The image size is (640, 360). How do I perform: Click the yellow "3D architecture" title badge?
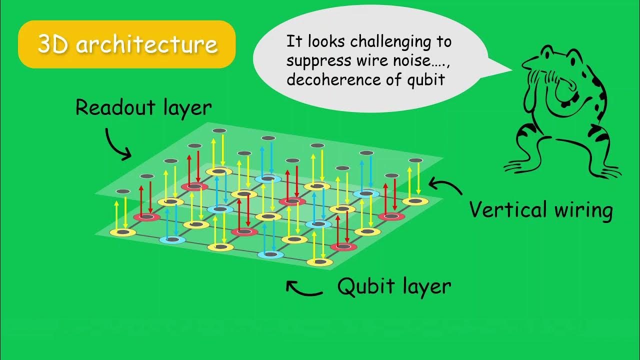(x=126, y=44)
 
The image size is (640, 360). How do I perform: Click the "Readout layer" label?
(x=143, y=107)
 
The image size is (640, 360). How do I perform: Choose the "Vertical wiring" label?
(x=541, y=209)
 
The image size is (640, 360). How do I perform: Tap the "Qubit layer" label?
(x=394, y=286)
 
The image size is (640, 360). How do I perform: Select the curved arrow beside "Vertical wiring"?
(x=445, y=187)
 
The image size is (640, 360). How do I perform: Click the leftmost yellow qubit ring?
(x=122, y=231)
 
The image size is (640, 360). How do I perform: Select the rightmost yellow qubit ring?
(x=415, y=201)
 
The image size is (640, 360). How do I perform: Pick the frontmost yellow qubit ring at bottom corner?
(x=319, y=261)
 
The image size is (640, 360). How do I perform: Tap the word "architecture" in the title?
(x=147, y=44)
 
